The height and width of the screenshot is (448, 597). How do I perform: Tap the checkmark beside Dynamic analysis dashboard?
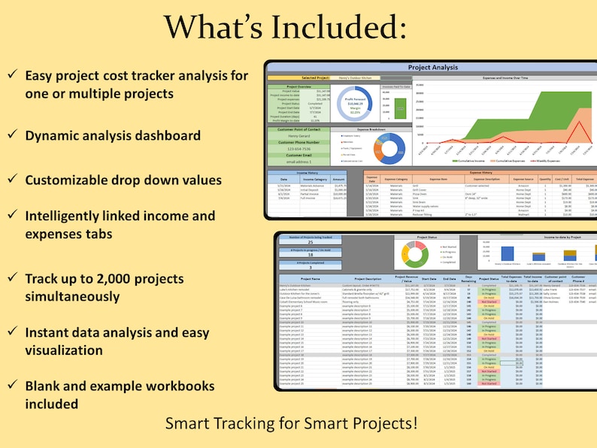pos(12,135)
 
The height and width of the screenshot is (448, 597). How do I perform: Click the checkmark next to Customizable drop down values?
pos(12,180)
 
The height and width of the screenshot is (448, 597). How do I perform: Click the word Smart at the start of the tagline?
pos(186,422)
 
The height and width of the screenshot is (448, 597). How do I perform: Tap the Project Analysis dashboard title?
pos(432,68)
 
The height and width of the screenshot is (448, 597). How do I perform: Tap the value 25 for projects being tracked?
pos(311,243)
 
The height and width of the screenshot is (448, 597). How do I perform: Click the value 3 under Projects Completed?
pos(311,267)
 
